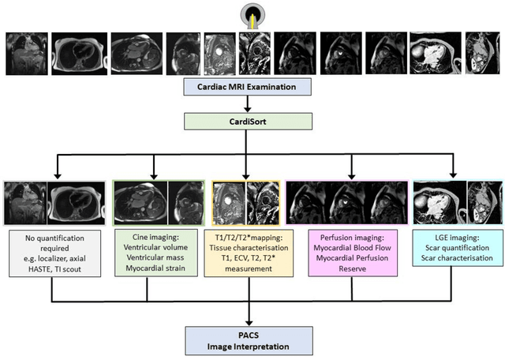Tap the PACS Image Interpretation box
[249, 339]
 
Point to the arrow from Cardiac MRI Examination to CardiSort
[249, 103]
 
